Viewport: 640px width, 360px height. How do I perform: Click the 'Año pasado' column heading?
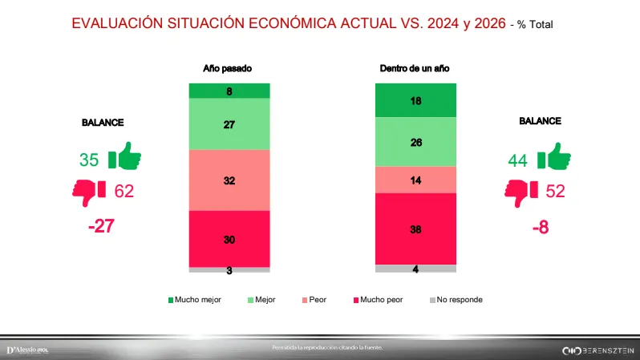pyautogui.click(x=228, y=69)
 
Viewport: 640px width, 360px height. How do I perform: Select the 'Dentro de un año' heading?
pyautogui.click(x=415, y=69)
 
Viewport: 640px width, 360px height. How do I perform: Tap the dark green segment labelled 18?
pyautogui.click(x=415, y=100)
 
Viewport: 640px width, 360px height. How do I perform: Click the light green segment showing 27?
pyautogui.click(x=229, y=124)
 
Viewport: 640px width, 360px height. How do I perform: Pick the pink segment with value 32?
pyautogui.click(x=229, y=180)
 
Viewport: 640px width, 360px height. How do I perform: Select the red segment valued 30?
pyautogui.click(x=229, y=239)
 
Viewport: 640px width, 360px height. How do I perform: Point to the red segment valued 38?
pyautogui.click(x=415, y=229)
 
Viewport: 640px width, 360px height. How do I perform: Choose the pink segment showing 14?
pyautogui.click(x=415, y=180)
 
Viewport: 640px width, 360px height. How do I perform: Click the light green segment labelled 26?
pyautogui.click(x=415, y=142)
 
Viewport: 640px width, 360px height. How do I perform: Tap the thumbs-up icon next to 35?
pyautogui.click(x=124, y=158)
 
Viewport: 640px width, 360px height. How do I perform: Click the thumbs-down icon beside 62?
pyautogui.click(x=89, y=191)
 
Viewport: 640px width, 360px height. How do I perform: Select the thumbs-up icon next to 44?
pyautogui.click(x=553, y=158)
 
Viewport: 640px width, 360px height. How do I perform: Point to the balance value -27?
pyautogui.click(x=102, y=226)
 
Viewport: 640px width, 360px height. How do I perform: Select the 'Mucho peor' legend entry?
pyautogui.click(x=376, y=300)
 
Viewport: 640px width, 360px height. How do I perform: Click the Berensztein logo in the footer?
pyautogui.click(x=597, y=350)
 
